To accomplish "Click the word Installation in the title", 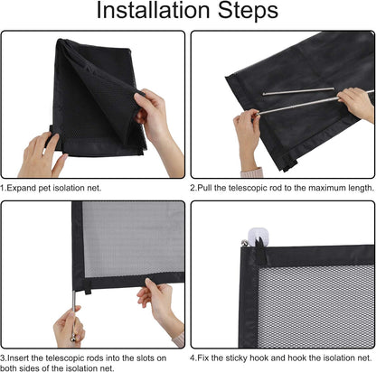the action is click(153, 11).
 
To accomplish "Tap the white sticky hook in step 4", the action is click(258, 237).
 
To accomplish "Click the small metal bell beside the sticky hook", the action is click(245, 243).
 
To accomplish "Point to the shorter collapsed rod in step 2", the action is click(298, 91).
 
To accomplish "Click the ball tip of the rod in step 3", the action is click(73, 339).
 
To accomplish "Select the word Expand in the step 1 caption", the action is click(22, 188).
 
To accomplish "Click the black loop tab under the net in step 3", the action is click(88, 288).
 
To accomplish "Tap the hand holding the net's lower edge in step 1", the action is click(42, 156).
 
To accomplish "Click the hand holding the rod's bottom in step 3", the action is click(69, 328).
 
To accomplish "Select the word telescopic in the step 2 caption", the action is click(247, 188).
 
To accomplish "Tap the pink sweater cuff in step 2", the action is click(251, 173).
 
